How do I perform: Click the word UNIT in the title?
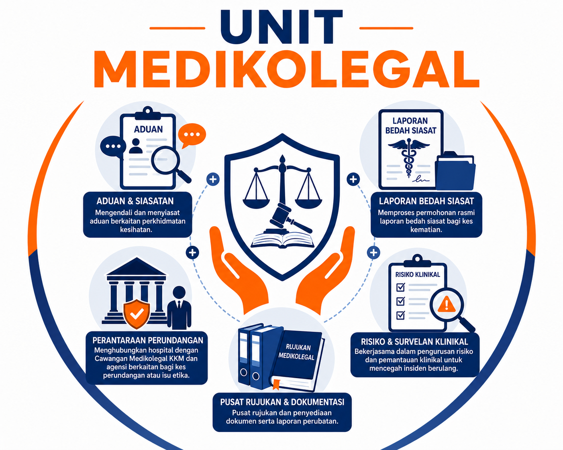(281, 26)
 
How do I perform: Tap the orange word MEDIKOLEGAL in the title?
(287, 69)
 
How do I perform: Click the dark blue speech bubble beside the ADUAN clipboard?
(113, 147)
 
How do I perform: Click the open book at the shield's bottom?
(282, 240)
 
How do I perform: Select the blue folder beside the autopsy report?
(455, 171)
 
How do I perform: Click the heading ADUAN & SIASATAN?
(135, 201)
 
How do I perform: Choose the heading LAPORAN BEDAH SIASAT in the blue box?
(426, 201)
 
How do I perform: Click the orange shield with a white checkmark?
(137, 314)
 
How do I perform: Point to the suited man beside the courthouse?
(179, 308)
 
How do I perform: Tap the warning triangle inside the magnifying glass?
(446, 304)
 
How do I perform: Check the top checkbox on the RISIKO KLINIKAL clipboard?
(400, 287)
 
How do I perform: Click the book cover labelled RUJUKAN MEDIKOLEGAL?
(297, 355)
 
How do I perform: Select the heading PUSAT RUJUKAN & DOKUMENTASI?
(282, 402)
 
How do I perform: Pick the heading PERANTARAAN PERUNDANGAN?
(148, 340)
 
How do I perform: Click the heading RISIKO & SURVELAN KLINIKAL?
(414, 342)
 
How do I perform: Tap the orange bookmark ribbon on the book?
(277, 384)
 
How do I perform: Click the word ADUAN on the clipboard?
(148, 129)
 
